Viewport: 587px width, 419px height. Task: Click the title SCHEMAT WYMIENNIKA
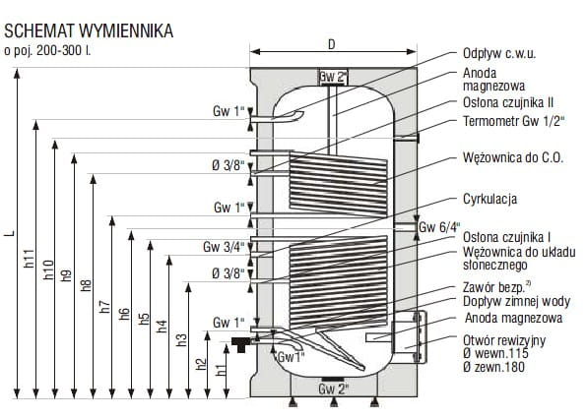[89, 31]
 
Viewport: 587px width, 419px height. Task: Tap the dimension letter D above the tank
[332, 44]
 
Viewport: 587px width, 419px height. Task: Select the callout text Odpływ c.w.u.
[499, 53]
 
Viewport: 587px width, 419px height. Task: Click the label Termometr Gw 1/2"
[514, 121]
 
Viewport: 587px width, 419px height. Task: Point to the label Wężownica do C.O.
[513, 157]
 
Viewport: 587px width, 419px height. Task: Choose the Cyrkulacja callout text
[490, 199]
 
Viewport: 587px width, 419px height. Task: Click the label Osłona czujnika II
[508, 102]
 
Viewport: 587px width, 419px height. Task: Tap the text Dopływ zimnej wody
[517, 301]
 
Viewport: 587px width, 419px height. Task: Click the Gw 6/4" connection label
[439, 227]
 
